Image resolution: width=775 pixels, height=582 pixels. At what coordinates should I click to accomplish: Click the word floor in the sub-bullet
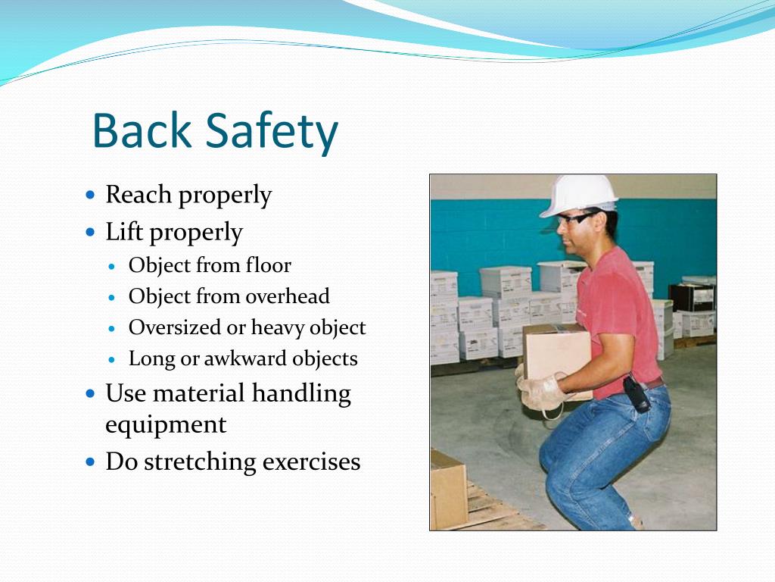point(269,265)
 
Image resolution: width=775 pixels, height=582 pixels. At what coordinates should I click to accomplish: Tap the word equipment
point(165,425)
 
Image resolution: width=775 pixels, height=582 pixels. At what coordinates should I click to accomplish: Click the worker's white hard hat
point(578,194)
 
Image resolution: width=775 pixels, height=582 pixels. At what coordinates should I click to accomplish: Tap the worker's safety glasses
point(575,219)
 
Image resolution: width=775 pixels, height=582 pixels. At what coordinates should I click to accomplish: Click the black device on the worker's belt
point(636,394)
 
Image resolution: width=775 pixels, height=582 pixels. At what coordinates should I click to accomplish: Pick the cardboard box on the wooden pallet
point(448,488)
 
